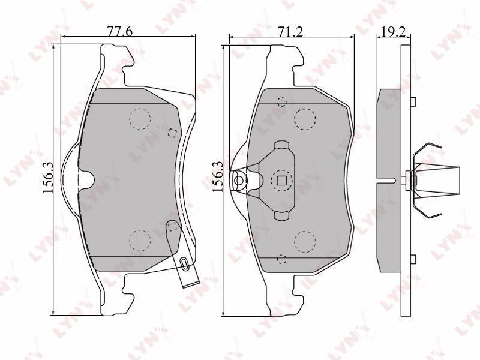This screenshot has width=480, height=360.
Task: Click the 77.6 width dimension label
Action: point(119,32)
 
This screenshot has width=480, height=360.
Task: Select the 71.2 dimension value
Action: point(289,32)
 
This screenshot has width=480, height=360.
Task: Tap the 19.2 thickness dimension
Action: point(394,32)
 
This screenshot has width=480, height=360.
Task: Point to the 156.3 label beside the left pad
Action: point(48,178)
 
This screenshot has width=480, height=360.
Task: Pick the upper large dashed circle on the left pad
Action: point(140,119)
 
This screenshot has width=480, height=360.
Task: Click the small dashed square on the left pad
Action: point(173,133)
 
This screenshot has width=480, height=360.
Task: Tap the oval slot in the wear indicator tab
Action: point(184,263)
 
